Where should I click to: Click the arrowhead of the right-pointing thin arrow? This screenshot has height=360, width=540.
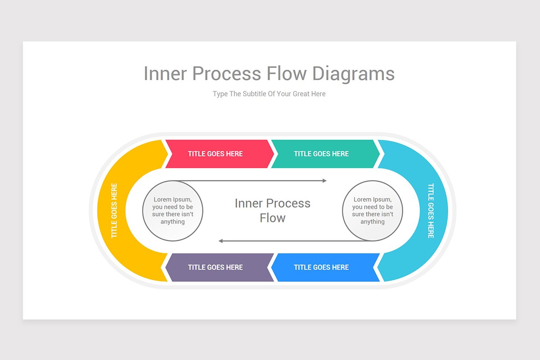(x=324, y=180)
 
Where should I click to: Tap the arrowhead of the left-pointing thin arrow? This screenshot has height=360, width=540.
(x=221, y=241)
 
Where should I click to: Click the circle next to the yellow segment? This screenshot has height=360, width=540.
(x=173, y=211)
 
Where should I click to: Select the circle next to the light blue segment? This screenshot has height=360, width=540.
(x=373, y=211)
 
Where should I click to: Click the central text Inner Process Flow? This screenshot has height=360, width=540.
(x=273, y=211)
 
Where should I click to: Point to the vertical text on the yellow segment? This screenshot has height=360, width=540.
(x=114, y=211)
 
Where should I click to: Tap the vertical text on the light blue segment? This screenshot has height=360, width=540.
(x=431, y=211)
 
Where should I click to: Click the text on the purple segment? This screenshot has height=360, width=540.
(x=215, y=267)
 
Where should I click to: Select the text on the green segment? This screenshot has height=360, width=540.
(x=321, y=154)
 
